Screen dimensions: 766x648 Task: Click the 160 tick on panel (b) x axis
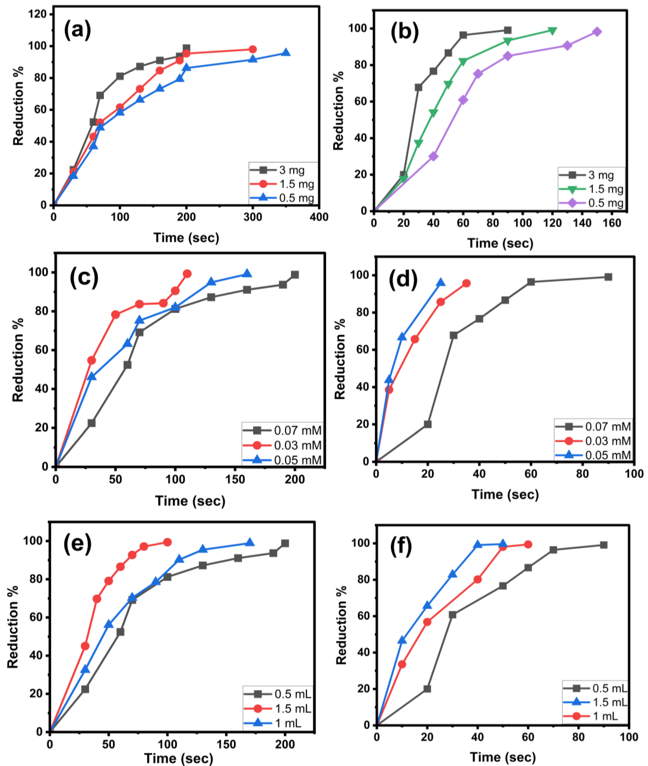(612, 223)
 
